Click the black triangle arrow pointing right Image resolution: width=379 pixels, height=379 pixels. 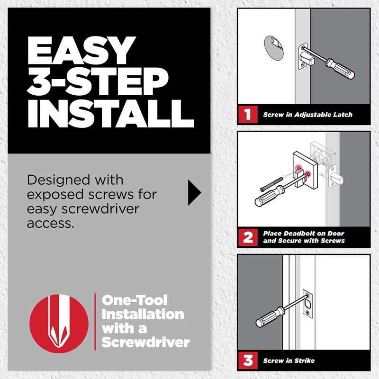pos(194,192)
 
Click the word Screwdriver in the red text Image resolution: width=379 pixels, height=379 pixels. pos(145,342)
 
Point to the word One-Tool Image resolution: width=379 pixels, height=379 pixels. pos(135,300)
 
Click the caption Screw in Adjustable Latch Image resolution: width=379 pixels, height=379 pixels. pos(307,115)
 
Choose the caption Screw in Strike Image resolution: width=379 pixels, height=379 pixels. pos(289,361)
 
